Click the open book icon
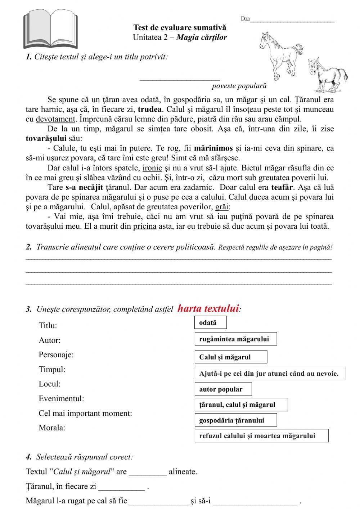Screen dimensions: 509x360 pyautogui.click(x=50, y=30)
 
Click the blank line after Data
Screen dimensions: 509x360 pyautogui.click(x=292, y=20)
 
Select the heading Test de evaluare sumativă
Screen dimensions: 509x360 pyautogui.click(x=180, y=27)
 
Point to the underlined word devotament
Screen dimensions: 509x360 pyautogui.click(x=55, y=119)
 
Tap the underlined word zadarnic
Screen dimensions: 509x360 pyautogui.click(x=198, y=187)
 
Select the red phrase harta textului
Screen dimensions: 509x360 pyautogui.click(x=208, y=309)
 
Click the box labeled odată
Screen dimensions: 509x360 pyautogui.click(x=211, y=323)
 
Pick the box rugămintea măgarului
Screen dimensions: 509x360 pyautogui.click(x=236, y=339)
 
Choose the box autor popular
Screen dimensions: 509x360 pyautogui.click(x=223, y=389)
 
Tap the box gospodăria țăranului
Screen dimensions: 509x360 pyautogui.click(x=236, y=420)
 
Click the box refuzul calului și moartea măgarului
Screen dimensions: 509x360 pyautogui.click(x=261, y=436)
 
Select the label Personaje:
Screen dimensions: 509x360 pyautogui.click(x=56, y=355)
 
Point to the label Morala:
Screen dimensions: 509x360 pyautogui.click(x=52, y=428)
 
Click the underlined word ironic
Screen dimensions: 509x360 pyautogui.click(x=152, y=168)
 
